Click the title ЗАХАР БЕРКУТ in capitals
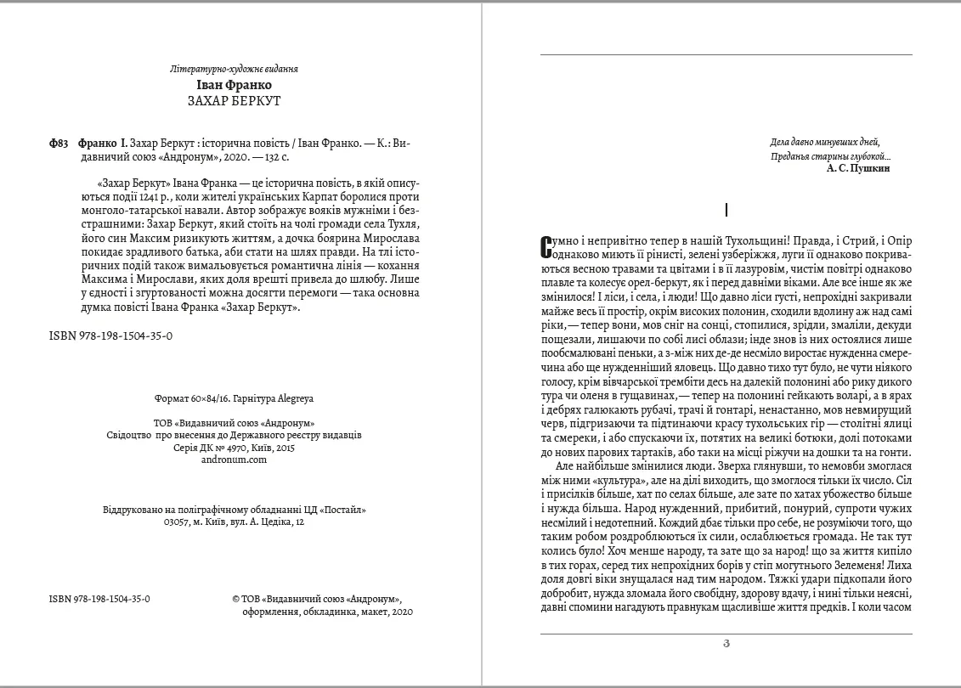pos(234,100)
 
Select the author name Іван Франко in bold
pos(234,85)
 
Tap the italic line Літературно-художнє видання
pos(234,69)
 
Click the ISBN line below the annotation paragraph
pos(111,336)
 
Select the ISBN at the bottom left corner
pos(100,598)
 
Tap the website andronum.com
pos(234,459)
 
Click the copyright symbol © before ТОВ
pos(235,598)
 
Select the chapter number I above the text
pos(726,209)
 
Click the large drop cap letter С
pos(546,247)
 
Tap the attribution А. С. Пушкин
pos(858,169)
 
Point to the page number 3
pos(726,643)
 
